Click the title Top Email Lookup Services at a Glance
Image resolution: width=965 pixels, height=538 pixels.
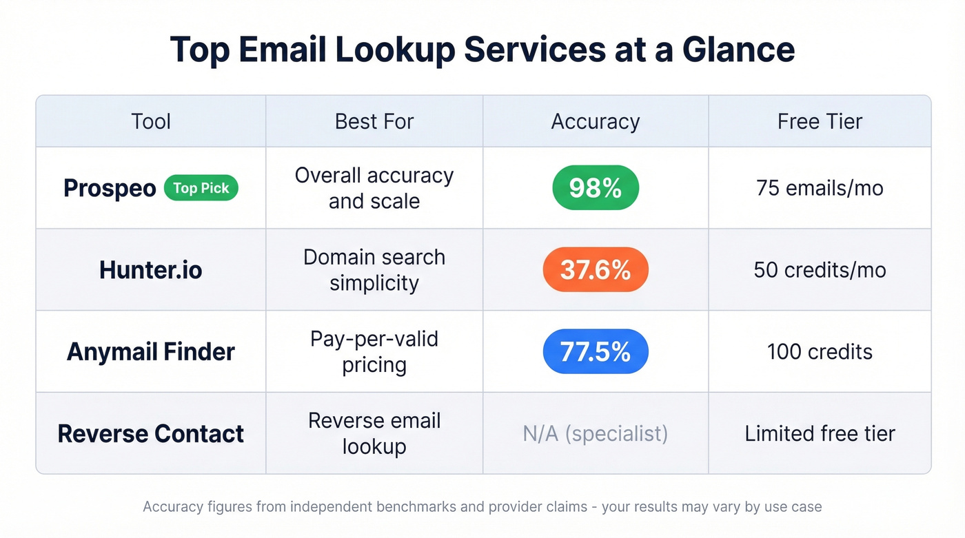pos(482,50)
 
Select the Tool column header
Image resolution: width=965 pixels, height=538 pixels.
pos(151,122)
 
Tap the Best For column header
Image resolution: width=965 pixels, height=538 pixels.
pos(374,122)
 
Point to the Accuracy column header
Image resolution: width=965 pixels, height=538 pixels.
pos(596,122)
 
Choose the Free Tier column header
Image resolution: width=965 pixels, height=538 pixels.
pos(820,122)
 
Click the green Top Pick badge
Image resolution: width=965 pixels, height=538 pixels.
pos(201,188)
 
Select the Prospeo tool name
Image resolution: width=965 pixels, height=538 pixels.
pos(110,188)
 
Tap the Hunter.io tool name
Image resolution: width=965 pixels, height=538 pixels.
pos(151,270)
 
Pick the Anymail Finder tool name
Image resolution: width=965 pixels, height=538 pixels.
pos(151,352)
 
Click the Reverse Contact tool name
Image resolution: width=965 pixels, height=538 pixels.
pos(151,434)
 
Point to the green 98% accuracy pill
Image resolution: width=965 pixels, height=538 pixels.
pos(596,187)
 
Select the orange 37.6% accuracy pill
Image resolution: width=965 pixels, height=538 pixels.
pos(596,269)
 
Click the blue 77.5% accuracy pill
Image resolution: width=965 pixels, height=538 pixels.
pos(596,351)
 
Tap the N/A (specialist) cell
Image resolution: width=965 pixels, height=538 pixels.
pos(596,434)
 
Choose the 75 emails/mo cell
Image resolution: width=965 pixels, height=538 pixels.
pos(820,188)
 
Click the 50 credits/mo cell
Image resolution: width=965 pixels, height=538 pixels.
pos(820,270)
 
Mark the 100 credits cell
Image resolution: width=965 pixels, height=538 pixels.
pos(820,352)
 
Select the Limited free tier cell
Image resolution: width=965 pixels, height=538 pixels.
pos(820,434)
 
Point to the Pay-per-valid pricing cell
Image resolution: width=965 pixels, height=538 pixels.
pos(374,352)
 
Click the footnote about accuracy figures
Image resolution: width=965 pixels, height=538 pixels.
pos(482,507)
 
